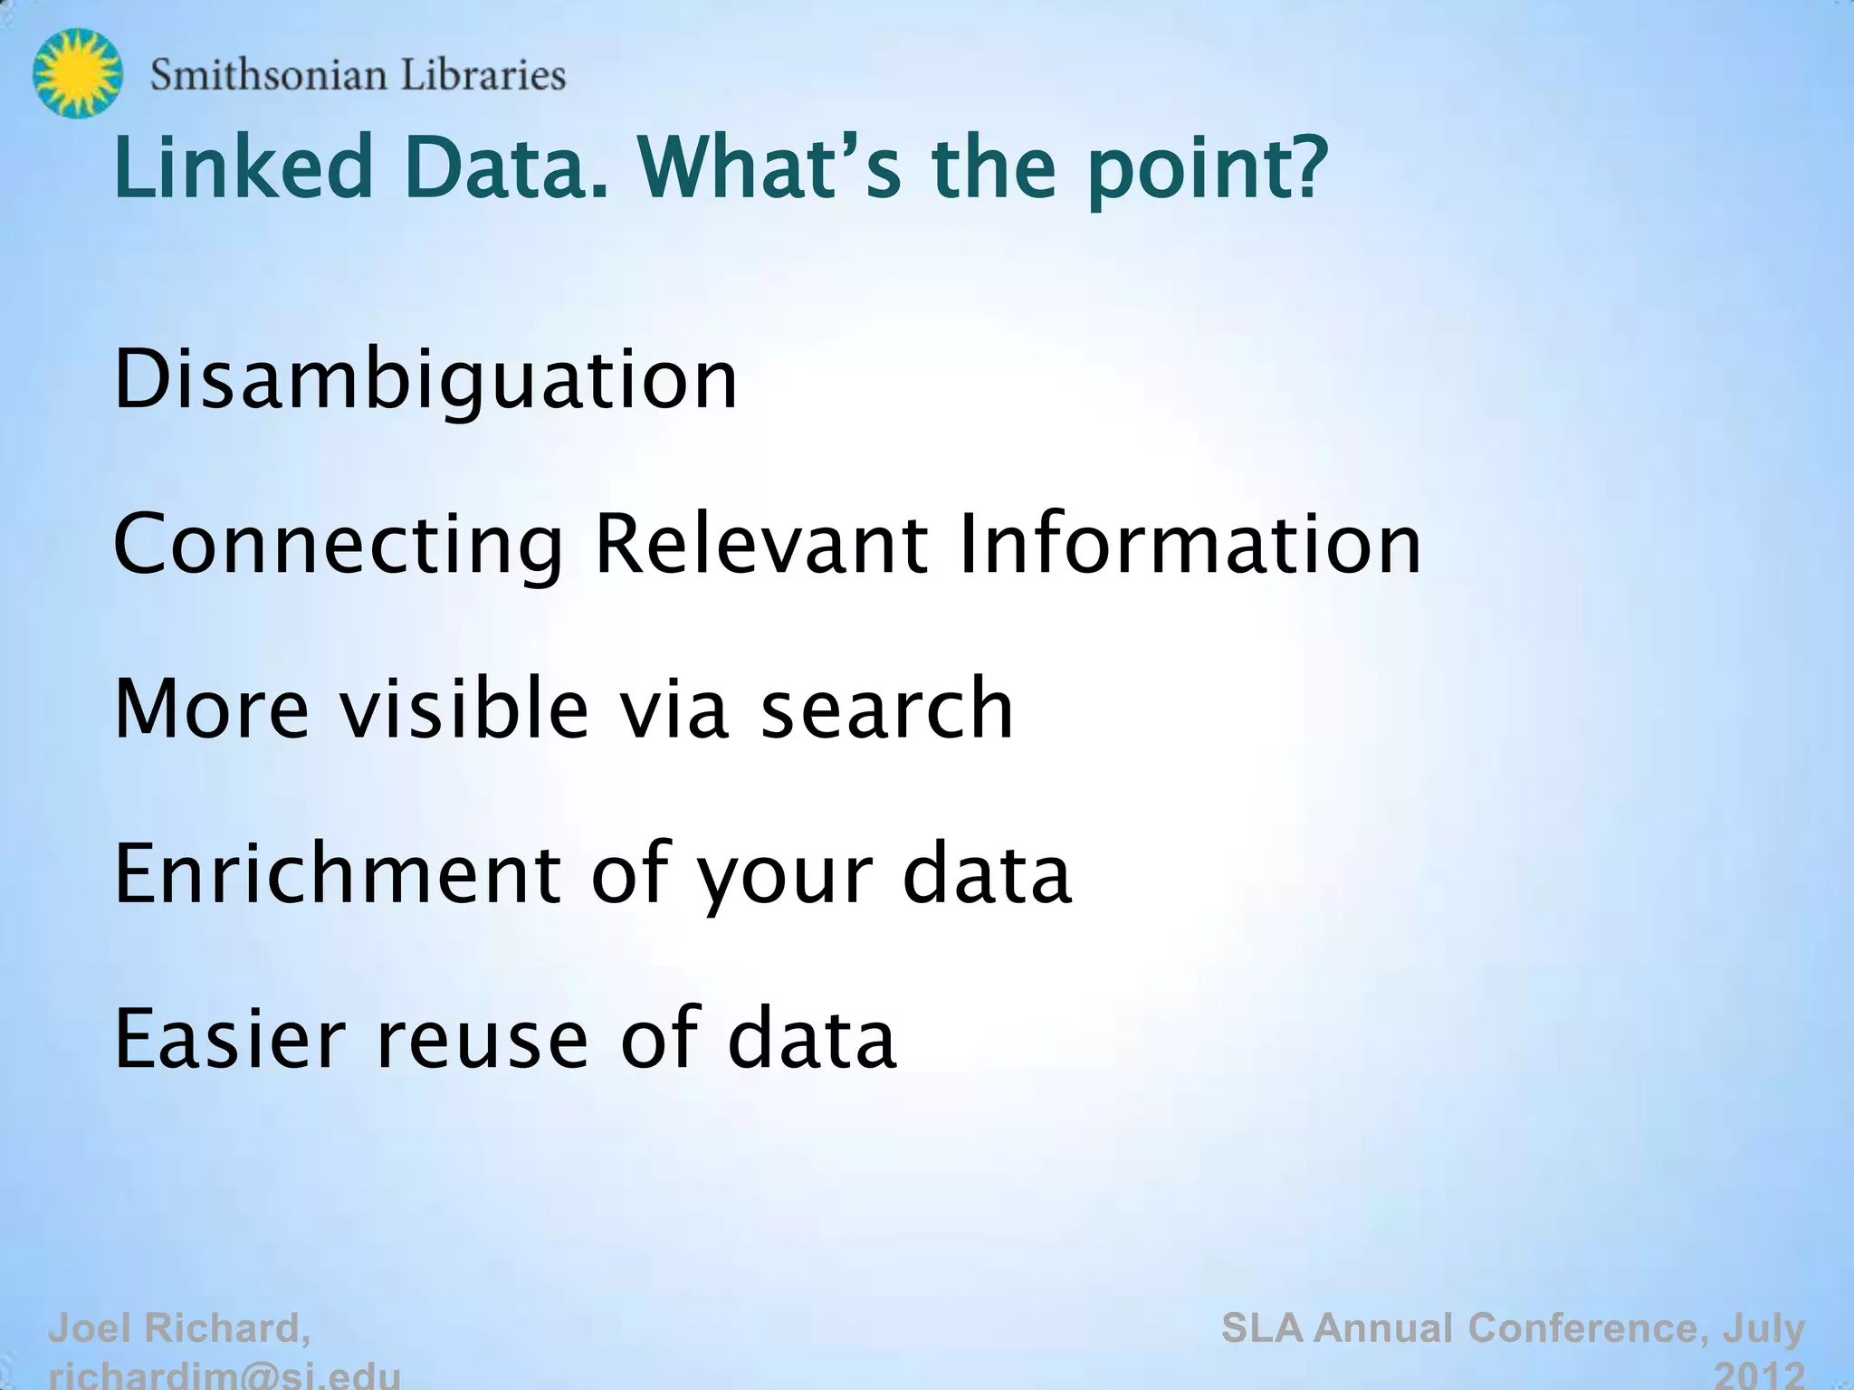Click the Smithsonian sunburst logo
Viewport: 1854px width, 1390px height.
[x=77, y=72]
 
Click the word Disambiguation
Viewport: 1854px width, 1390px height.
[x=425, y=380]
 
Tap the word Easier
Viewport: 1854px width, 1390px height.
[x=230, y=1038]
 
